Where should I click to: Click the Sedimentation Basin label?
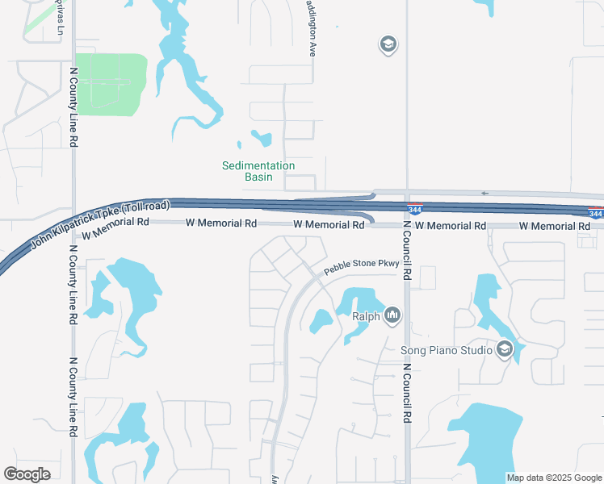(258, 171)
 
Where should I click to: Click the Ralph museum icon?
(392, 314)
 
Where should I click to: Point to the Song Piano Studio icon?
(505, 348)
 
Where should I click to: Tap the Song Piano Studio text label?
(446, 350)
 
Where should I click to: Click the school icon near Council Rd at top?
(388, 44)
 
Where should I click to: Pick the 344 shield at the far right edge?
(596, 214)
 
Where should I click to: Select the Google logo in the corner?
(27, 474)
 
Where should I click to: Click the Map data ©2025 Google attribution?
(554, 478)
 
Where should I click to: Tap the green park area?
(111, 85)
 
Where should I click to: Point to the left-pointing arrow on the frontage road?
(484, 193)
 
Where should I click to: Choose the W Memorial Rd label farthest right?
(554, 227)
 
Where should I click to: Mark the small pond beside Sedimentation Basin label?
(262, 139)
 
